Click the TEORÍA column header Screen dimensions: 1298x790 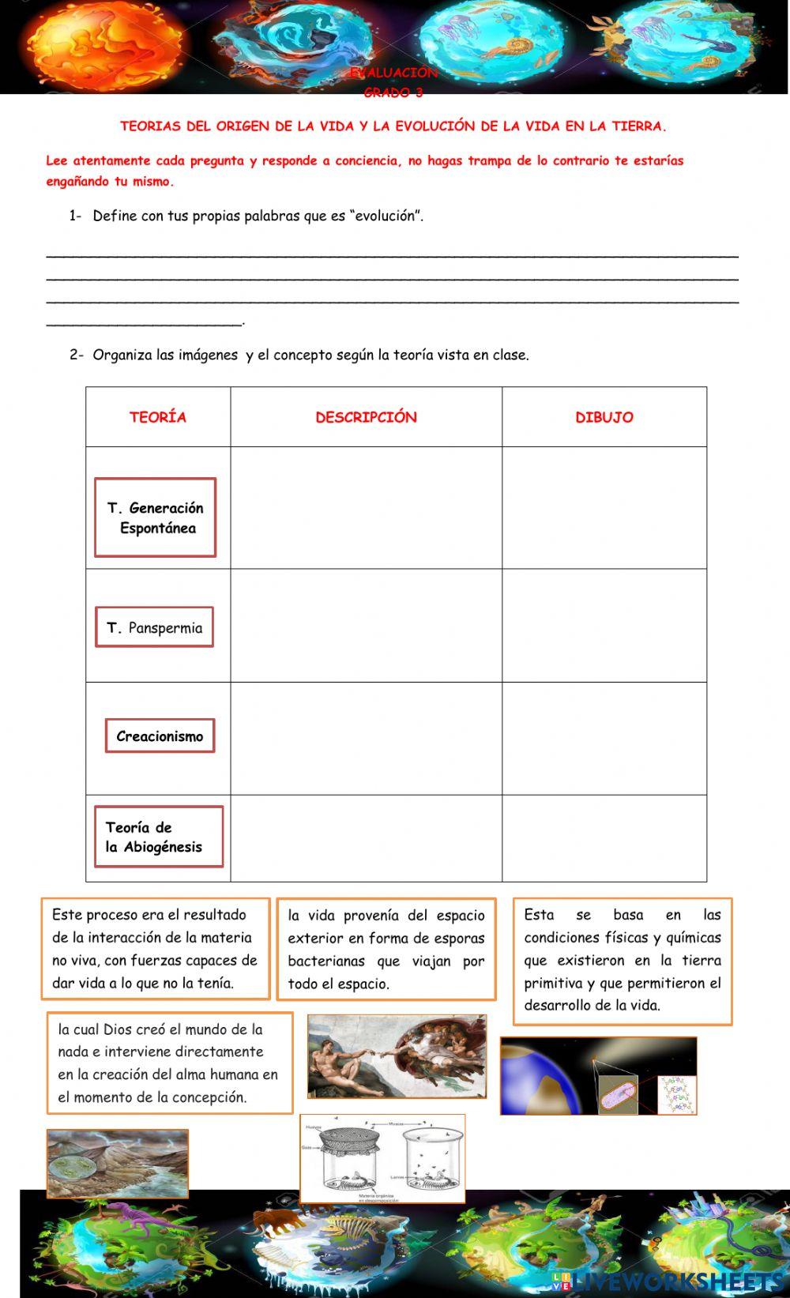(158, 417)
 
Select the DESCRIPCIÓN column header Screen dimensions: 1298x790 (366, 417)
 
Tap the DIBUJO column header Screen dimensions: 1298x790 (604, 417)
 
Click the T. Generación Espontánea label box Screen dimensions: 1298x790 (156, 517)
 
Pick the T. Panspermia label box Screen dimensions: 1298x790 (155, 627)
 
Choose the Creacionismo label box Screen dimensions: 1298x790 (160, 736)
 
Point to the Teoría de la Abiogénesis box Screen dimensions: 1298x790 (158, 837)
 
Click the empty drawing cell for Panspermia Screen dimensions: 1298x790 (604, 625)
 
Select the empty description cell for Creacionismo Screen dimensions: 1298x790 (366, 738)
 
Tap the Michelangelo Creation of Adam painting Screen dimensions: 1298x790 (397, 1056)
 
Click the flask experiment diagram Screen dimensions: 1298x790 (382, 1158)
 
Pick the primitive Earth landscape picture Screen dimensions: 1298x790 (118, 1163)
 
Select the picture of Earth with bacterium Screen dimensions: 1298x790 (598, 1076)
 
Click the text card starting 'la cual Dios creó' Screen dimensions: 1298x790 (169, 1063)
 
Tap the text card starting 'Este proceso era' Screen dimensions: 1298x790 (156, 948)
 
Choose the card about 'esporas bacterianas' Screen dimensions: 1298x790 (386, 949)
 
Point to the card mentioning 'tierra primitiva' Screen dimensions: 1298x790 (623, 961)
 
